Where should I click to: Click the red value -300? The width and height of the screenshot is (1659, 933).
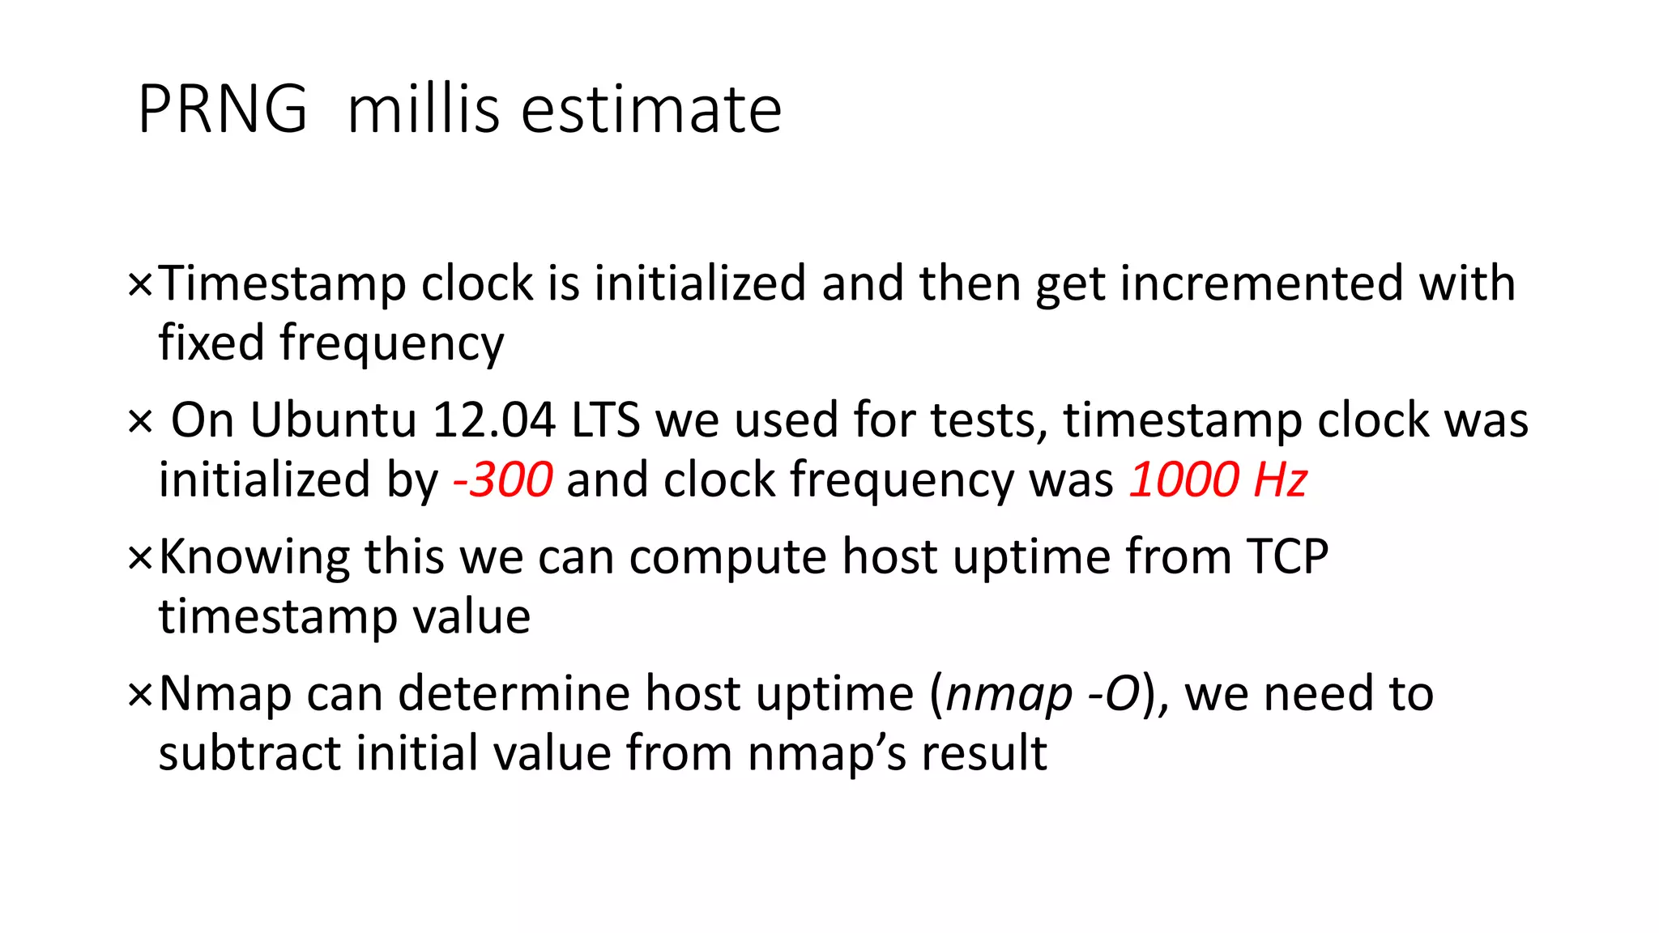(x=503, y=479)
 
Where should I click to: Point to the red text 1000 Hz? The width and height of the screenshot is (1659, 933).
(x=1218, y=479)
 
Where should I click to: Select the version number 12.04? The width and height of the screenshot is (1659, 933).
(x=494, y=420)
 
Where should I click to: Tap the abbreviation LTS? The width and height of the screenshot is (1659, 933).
(x=606, y=420)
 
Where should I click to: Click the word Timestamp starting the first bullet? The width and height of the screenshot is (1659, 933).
(x=282, y=285)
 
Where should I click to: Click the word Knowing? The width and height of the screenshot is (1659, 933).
(x=254, y=558)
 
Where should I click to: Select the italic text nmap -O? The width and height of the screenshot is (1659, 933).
(x=1043, y=694)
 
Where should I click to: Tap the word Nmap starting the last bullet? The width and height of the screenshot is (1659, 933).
(x=224, y=694)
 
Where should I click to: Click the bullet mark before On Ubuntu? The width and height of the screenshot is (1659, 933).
(x=140, y=422)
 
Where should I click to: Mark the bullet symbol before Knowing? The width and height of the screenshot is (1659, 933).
(x=140, y=558)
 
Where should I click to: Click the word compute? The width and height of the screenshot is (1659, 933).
(x=728, y=558)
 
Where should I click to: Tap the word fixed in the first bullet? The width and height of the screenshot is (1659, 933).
(x=211, y=343)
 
